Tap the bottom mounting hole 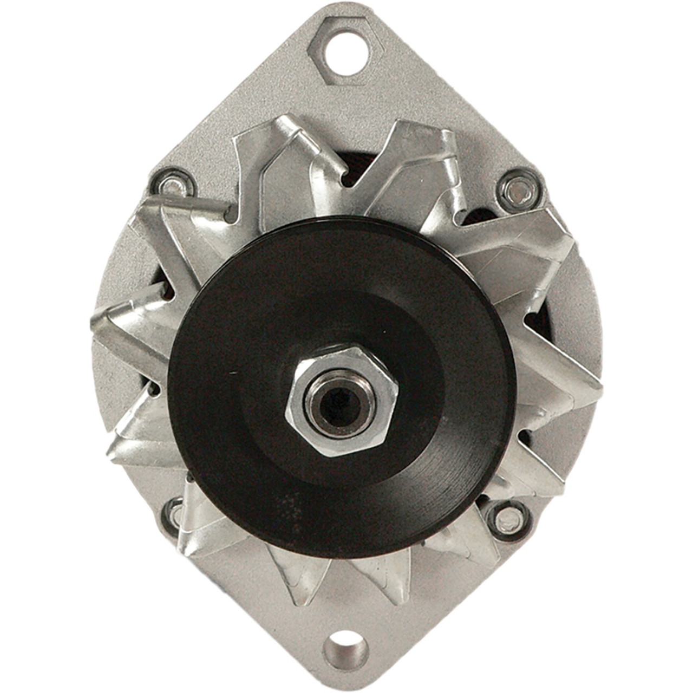[x=346, y=646]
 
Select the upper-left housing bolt [x=173, y=185]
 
